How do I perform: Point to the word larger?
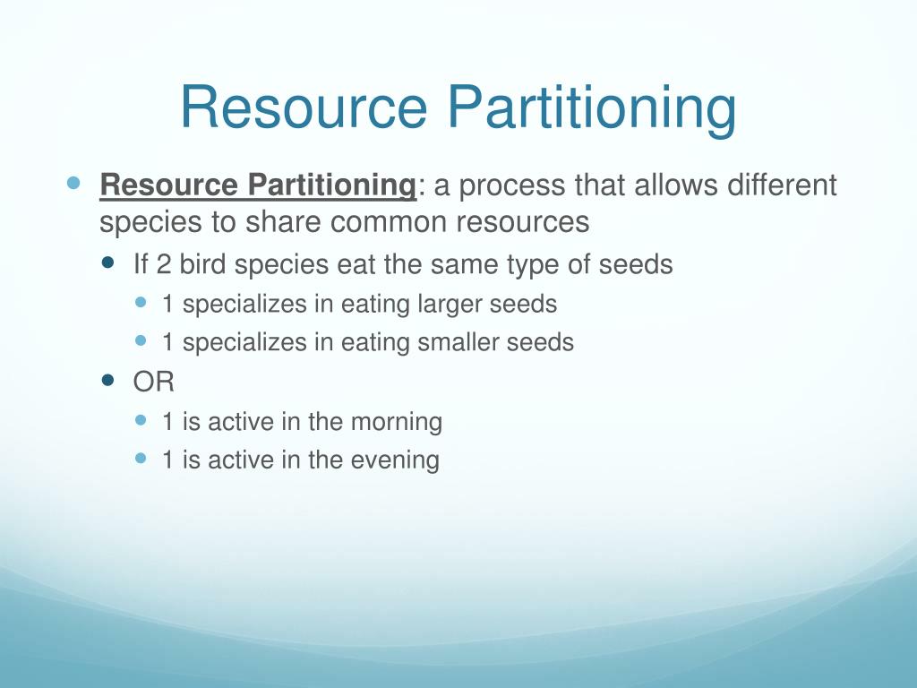pos(452,305)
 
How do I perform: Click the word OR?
pos(153,383)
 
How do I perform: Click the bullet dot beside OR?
pos(109,380)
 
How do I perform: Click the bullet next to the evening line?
pos(141,458)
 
